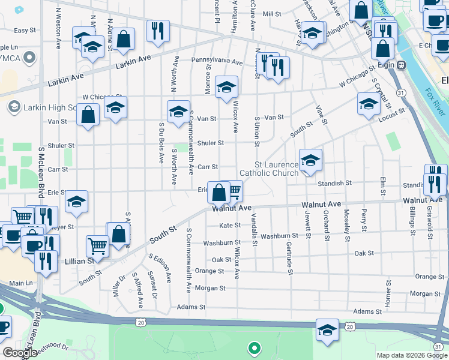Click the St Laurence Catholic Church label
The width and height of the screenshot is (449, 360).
click(x=276, y=169)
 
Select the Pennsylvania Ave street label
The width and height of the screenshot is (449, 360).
click(x=217, y=62)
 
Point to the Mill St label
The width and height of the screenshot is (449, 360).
click(x=272, y=14)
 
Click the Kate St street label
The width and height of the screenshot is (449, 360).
click(x=230, y=226)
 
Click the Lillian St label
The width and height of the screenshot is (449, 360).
click(x=83, y=261)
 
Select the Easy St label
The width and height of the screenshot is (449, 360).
click(x=25, y=30)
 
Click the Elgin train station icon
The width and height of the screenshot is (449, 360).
click(x=402, y=65)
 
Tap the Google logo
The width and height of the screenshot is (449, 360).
click(x=20, y=353)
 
